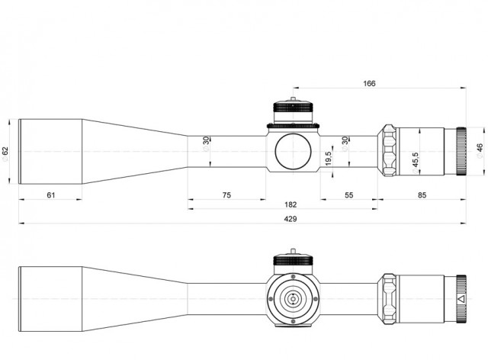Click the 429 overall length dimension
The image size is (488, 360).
[x=290, y=219]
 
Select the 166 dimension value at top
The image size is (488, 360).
[x=369, y=83]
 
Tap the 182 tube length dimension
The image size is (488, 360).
[x=291, y=204]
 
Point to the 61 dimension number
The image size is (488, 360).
[x=51, y=195]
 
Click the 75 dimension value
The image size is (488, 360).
[x=226, y=195]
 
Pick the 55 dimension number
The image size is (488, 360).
[x=349, y=195]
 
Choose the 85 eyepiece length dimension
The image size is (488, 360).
[x=422, y=195]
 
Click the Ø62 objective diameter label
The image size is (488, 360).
[x=5, y=154]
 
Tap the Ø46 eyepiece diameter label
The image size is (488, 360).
[x=480, y=151]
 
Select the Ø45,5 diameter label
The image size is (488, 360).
[x=415, y=163]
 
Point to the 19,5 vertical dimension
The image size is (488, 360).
[x=328, y=158]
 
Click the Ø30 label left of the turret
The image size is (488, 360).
[x=206, y=144]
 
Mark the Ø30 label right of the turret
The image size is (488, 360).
[x=345, y=144]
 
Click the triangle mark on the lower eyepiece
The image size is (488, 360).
[x=461, y=299]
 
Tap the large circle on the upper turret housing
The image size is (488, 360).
[x=293, y=152]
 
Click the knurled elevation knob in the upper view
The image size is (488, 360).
[x=293, y=107]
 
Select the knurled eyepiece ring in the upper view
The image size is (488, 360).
[x=461, y=151]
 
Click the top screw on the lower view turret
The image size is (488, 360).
[x=293, y=277]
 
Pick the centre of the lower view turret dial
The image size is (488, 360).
[x=293, y=299]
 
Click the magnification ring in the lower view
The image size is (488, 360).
[x=389, y=299]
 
